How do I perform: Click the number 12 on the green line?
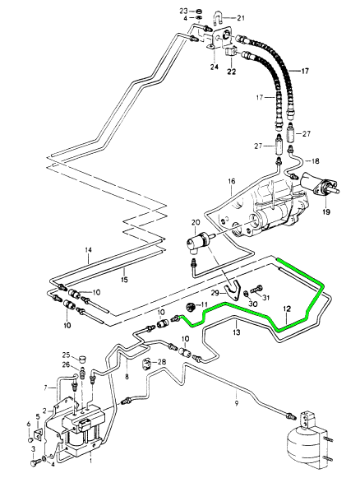pos(287,309)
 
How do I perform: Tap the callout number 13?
pos(237,332)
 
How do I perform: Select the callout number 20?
pos(196,223)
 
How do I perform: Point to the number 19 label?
pos(325,211)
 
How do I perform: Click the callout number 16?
pos(232,181)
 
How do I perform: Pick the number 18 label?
pos(316,160)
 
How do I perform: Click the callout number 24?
pos(215,67)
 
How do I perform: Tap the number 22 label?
pos(232,72)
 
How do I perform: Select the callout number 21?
pos(241,18)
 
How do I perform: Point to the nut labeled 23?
pos(198,12)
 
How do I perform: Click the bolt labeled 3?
pos(34,463)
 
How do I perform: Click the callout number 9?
pos(237,403)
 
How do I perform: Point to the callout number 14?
pos(88,250)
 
